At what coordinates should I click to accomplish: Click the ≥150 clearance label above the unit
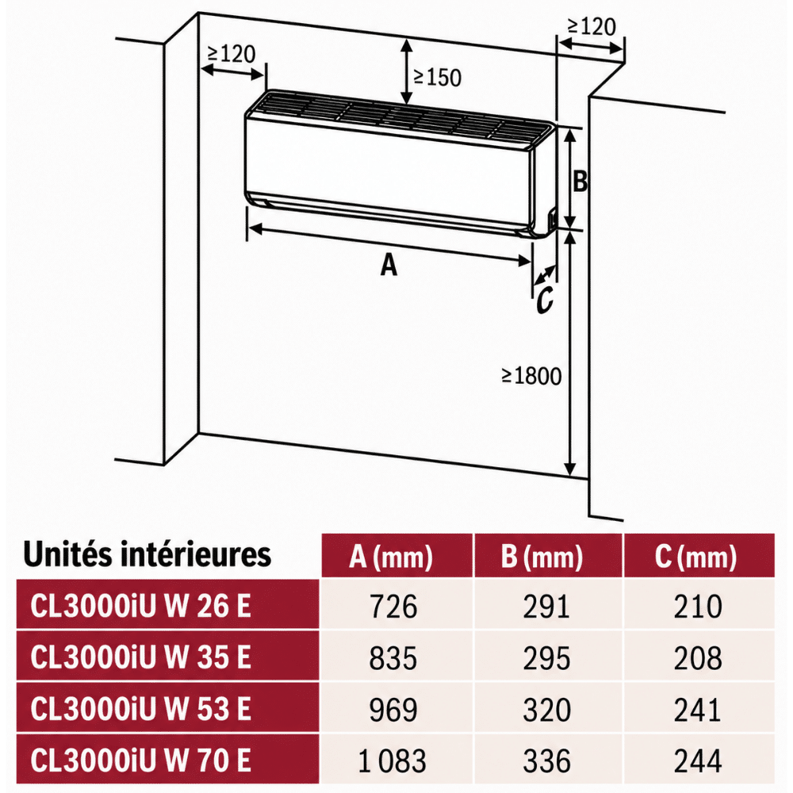pos(438,78)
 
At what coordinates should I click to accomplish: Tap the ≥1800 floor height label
pos(531,376)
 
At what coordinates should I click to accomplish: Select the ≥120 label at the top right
pos(592,27)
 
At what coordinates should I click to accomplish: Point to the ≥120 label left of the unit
pos(231,54)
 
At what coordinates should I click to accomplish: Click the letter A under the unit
pos(389,265)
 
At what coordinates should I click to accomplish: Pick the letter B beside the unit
pos(580,181)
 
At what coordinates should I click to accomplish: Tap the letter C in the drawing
pos(545,300)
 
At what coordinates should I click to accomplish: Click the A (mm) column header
pos(391,557)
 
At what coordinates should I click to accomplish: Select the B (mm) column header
pos(542,557)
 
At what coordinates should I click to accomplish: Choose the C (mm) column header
pos(696,557)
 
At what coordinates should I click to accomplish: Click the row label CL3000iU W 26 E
pos(140,605)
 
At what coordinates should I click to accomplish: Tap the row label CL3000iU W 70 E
pos(140,760)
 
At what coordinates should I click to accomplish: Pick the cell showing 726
pos(393,607)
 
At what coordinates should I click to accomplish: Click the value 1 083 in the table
pos(392,761)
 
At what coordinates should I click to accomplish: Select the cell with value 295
pos(546,658)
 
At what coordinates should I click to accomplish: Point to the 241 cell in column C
pos(697,710)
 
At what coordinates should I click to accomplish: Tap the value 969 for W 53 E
pos(393,710)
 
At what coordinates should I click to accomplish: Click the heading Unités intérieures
pos(147,554)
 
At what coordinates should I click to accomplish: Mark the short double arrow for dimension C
pos(544,276)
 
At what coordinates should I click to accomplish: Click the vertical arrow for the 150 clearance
pos(407,72)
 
